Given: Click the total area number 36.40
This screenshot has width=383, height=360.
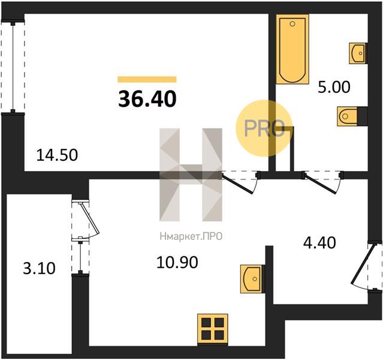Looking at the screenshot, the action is (x=147, y=99).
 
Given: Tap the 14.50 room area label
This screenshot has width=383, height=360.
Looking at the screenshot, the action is (x=57, y=155).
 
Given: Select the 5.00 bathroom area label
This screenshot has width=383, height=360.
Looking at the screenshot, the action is (x=334, y=87).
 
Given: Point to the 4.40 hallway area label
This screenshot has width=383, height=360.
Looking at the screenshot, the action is (x=319, y=242).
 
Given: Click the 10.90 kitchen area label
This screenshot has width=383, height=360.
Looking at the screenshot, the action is (x=177, y=263).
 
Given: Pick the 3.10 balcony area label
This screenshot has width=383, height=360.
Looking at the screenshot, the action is (x=39, y=268).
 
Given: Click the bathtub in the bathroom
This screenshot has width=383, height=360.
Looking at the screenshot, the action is (x=292, y=49).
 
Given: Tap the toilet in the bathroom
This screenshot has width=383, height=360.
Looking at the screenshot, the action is (x=347, y=116).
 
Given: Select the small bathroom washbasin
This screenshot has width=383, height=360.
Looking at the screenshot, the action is (x=357, y=53).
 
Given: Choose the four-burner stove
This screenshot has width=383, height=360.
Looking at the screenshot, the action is (x=213, y=329).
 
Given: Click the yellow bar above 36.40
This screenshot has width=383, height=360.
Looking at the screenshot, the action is (x=147, y=79).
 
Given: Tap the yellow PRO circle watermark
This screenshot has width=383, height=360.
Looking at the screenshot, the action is (x=264, y=128).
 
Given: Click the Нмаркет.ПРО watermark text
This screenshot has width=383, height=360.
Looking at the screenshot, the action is (x=191, y=237).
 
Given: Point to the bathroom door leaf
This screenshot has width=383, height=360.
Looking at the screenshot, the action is (x=321, y=184).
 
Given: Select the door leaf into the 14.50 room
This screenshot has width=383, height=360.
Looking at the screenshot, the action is (x=237, y=184).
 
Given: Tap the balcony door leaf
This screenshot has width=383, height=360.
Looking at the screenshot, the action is (x=90, y=218).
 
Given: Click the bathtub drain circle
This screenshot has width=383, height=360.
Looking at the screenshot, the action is (x=292, y=24).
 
